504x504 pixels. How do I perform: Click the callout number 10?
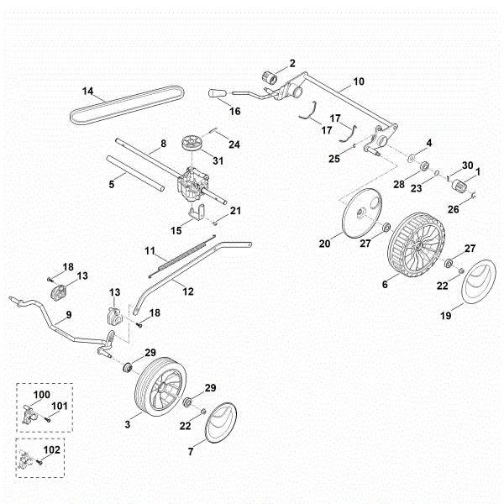point(359,81)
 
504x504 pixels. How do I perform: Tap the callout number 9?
point(68,313)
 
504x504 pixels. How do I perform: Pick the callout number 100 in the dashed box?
point(41,394)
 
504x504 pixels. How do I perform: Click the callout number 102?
point(51,450)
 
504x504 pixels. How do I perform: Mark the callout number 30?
point(468,165)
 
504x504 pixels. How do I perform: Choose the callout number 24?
point(234,144)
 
